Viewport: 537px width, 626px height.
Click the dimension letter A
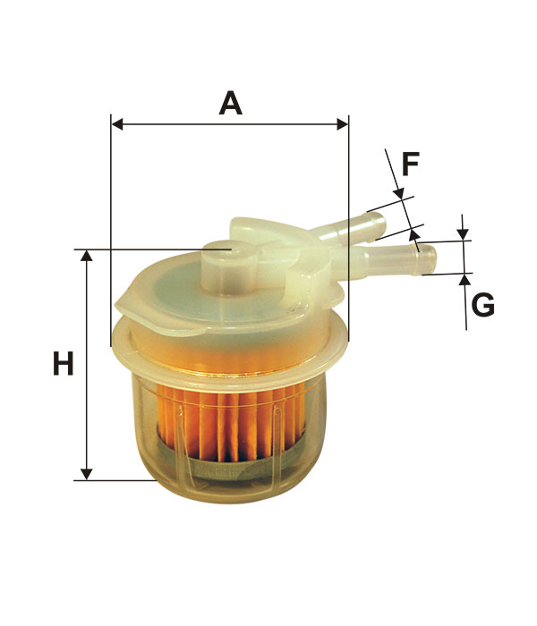pos(231,104)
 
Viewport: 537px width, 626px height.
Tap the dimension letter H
pos(64,363)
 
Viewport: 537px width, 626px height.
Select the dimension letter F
pos(410,164)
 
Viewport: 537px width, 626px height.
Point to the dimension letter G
pos(482,306)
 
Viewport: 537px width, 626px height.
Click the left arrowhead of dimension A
pos(117,124)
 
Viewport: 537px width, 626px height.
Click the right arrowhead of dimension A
pos(343,124)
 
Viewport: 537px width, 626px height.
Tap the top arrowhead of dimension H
pos(86,256)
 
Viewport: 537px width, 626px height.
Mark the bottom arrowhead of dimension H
pos(86,475)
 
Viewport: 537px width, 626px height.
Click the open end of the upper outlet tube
pos(380,224)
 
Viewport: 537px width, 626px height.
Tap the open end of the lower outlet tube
pos(429,259)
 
